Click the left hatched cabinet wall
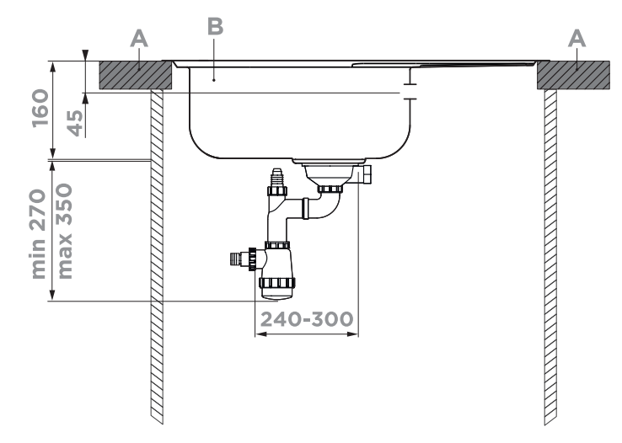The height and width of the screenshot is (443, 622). pos(156,253)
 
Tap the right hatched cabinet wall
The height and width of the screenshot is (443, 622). pos(551,253)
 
